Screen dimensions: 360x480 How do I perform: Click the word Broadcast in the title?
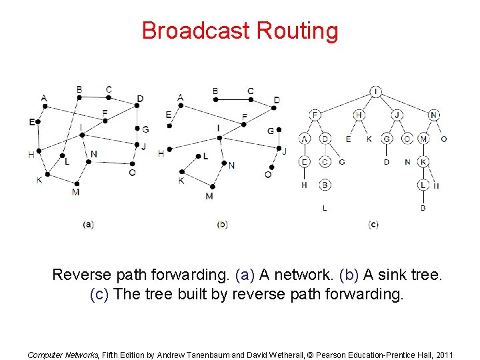coord(196,31)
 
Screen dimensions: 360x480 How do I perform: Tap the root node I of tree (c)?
coord(376,91)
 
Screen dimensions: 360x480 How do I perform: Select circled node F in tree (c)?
coord(315,115)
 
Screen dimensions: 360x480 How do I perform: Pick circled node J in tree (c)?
coord(397,115)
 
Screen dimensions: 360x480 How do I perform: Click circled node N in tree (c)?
coord(434,115)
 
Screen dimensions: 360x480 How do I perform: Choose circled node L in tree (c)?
coord(423,185)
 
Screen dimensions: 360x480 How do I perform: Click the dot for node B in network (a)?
coord(79,97)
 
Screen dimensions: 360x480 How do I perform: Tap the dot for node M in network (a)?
coord(77,183)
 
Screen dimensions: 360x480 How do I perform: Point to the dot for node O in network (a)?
coord(133,163)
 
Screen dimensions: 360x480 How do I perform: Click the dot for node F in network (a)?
coord(105,121)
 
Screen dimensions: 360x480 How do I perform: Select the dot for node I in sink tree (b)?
coord(219,138)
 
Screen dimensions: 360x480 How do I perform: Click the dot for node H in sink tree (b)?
coord(170,149)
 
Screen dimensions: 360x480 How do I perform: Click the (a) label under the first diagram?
coord(88,225)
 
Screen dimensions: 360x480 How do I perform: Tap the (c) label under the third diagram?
coord(373,225)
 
